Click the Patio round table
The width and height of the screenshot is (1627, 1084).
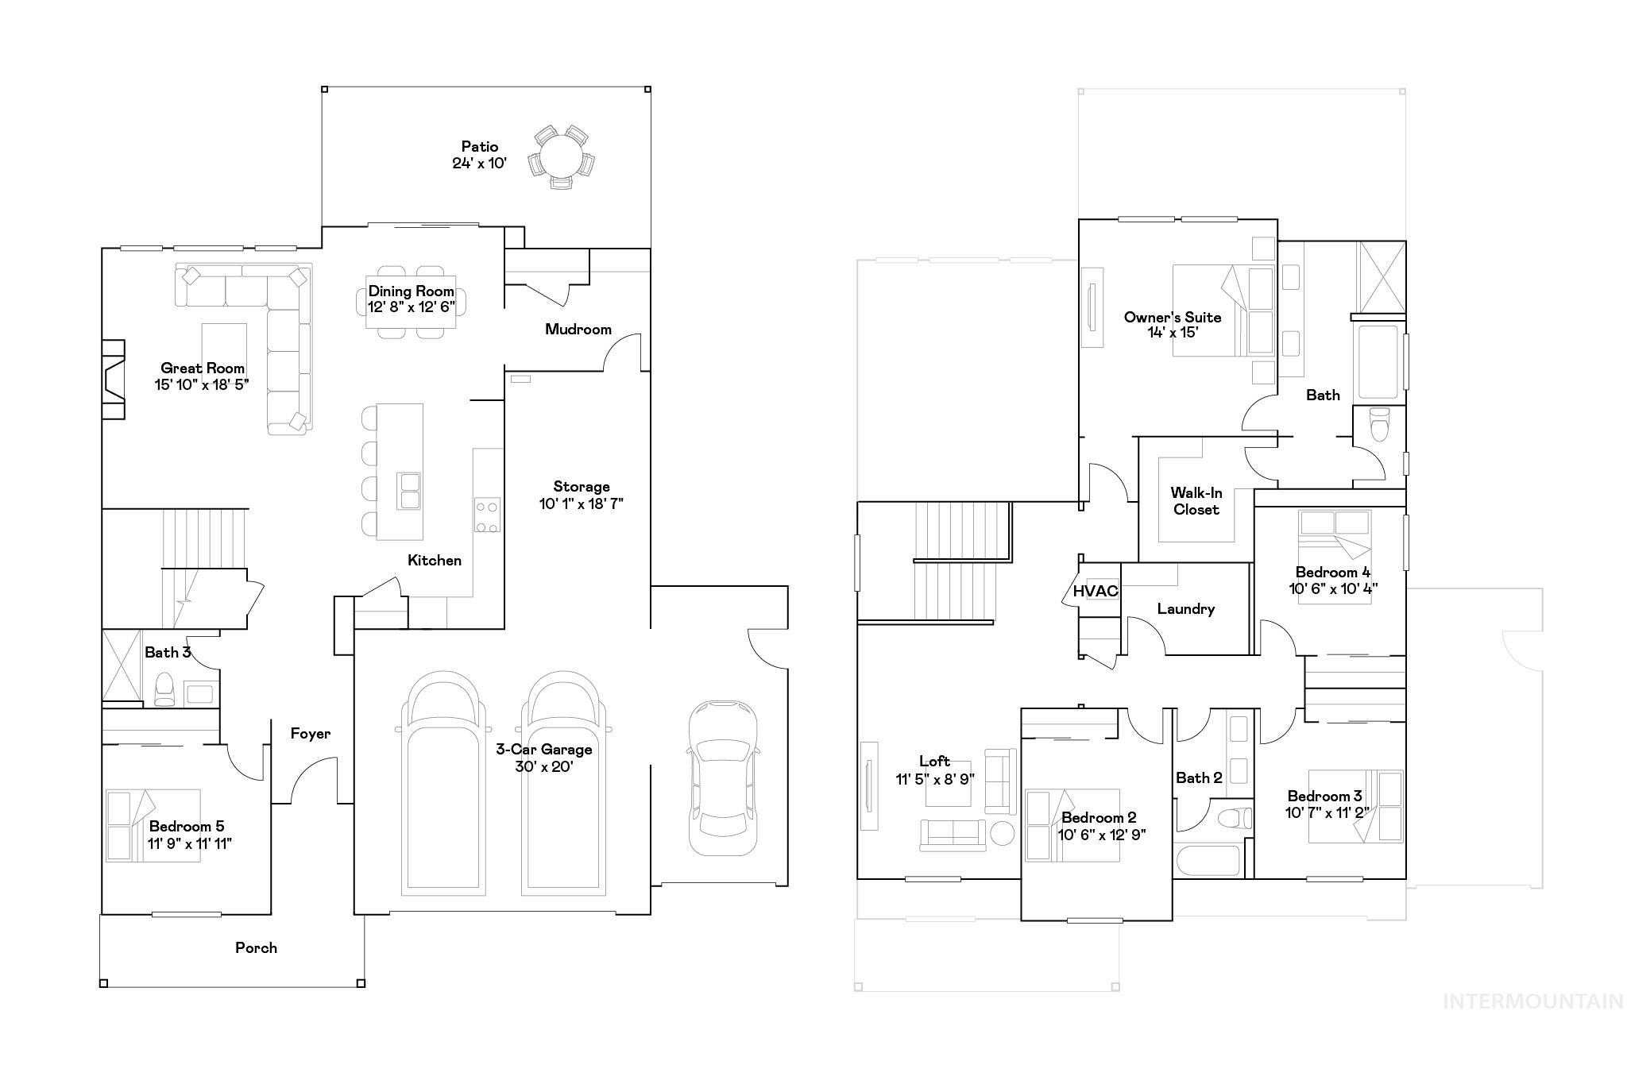point(561,156)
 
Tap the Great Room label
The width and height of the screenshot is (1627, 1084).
point(203,368)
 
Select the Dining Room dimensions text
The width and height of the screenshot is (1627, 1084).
point(411,307)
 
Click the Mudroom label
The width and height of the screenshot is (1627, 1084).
point(578,329)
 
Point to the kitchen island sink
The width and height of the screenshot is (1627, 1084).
point(410,490)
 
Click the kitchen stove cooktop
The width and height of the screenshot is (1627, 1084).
point(487,515)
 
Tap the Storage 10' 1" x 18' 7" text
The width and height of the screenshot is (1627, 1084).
point(582,495)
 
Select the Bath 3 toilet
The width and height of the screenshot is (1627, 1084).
point(164,688)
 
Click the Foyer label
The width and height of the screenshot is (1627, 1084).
point(310,733)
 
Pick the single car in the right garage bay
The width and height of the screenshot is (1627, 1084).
point(723,778)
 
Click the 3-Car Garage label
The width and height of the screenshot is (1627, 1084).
point(544,749)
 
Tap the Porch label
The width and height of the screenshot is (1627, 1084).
point(256,947)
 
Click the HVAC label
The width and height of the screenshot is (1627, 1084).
point(1096,591)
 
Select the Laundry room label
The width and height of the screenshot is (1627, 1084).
point(1185,609)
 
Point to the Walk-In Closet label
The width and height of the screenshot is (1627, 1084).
point(1196,501)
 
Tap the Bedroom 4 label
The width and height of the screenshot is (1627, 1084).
point(1332,572)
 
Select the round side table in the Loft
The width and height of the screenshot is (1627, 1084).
point(1002,834)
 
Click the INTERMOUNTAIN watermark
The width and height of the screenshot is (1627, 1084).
point(1532,1001)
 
